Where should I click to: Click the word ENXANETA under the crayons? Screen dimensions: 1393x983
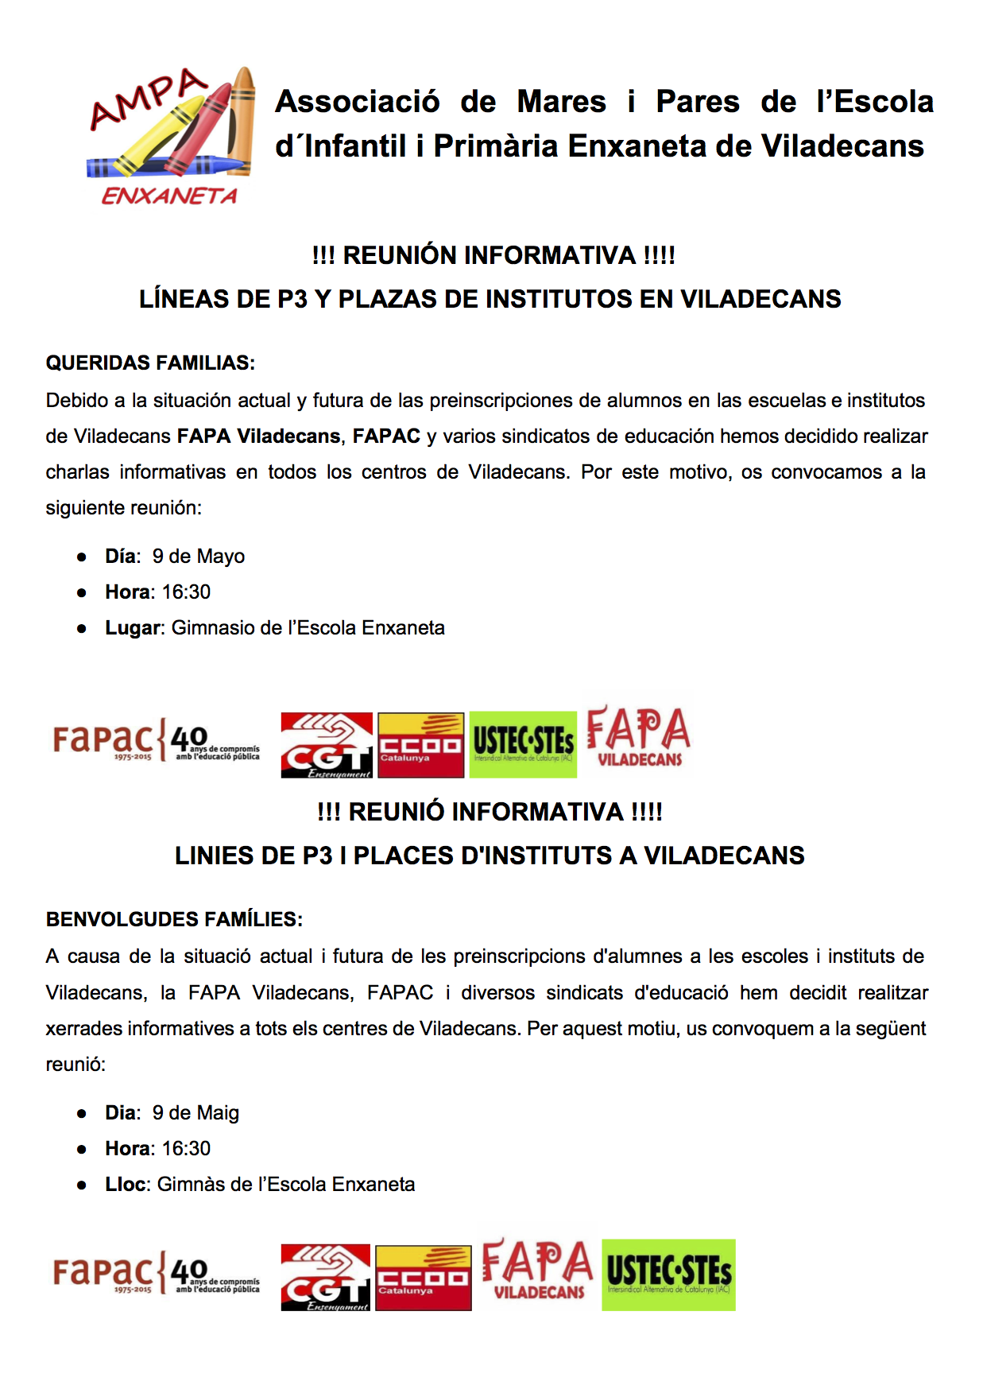click(169, 196)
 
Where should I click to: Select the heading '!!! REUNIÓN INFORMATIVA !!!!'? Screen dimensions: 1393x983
click(493, 255)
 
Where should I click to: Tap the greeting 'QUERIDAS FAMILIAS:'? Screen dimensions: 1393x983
click(150, 363)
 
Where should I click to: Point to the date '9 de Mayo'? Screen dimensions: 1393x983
click(199, 556)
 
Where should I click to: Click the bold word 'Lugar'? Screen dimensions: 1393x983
click(133, 627)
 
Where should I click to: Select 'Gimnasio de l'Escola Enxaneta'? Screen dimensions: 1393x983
click(308, 627)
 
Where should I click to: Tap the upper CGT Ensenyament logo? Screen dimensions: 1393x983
click(327, 745)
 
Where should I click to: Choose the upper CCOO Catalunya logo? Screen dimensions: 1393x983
click(420, 745)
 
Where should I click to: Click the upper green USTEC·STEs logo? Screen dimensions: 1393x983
click(523, 744)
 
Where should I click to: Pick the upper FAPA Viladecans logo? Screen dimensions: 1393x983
click(638, 736)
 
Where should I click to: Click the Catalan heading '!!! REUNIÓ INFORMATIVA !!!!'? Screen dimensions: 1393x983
click(490, 812)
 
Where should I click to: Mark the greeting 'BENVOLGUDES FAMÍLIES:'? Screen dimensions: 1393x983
click(174, 919)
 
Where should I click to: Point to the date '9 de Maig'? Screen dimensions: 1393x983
click(195, 1112)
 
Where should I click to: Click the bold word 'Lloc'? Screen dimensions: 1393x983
click(126, 1184)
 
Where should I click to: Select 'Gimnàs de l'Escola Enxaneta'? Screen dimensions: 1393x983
click(286, 1184)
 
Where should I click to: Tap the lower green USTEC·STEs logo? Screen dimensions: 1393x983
click(668, 1275)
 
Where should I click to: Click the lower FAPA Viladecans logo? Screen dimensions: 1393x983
click(538, 1270)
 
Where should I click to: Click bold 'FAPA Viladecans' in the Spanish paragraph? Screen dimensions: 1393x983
click(258, 436)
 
